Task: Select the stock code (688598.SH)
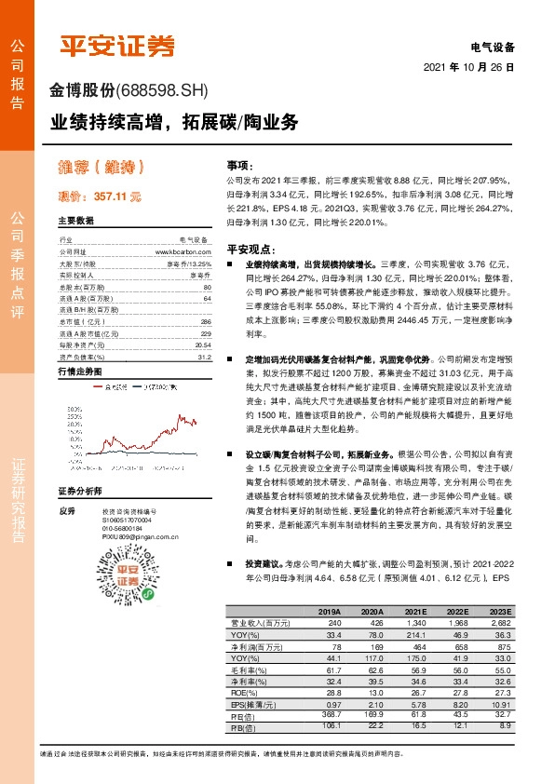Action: coord(164,91)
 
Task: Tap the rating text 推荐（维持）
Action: coord(102,169)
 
